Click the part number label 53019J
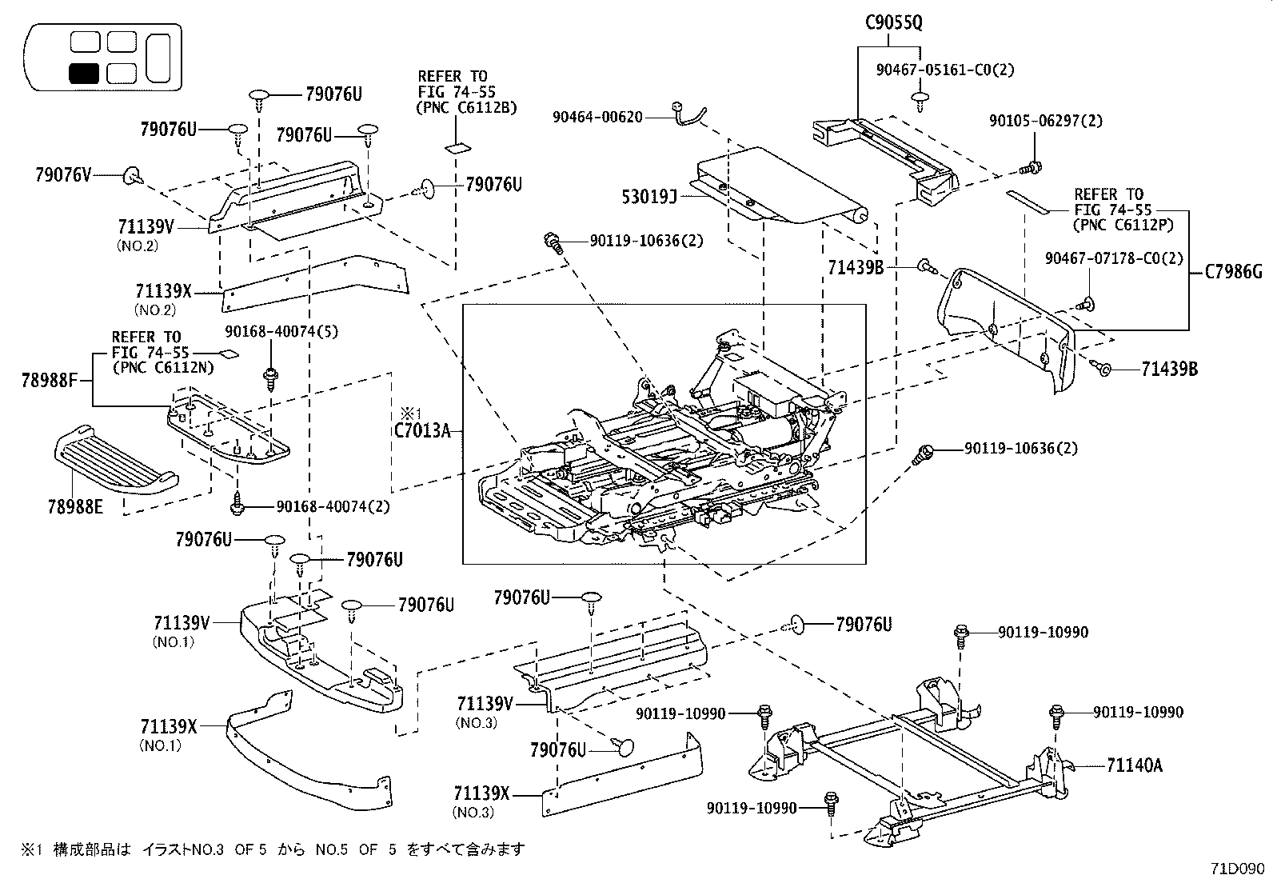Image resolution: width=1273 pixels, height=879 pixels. [x=649, y=194]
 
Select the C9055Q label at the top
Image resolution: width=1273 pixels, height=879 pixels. [x=893, y=22]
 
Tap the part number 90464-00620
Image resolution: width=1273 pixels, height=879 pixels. [x=597, y=117]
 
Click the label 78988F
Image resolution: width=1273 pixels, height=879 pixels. [x=49, y=381]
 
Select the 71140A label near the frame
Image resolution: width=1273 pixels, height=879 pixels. [x=1135, y=765]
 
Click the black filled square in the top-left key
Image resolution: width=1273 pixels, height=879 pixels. [x=83, y=74]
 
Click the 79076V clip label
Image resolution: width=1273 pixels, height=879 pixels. [x=63, y=174]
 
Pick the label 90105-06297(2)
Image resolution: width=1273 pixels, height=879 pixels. [x=1045, y=121]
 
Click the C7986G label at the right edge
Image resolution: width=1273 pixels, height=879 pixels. [x=1234, y=272]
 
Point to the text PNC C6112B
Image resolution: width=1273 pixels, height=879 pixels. [x=466, y=107]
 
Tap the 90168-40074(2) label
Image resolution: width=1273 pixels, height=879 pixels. [x=333, y=506]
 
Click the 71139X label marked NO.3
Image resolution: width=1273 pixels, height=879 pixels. [x=481, y=794]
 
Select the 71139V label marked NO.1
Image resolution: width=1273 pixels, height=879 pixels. [x=182, y=623]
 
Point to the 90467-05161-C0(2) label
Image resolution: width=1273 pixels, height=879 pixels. [x=944, y=70]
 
